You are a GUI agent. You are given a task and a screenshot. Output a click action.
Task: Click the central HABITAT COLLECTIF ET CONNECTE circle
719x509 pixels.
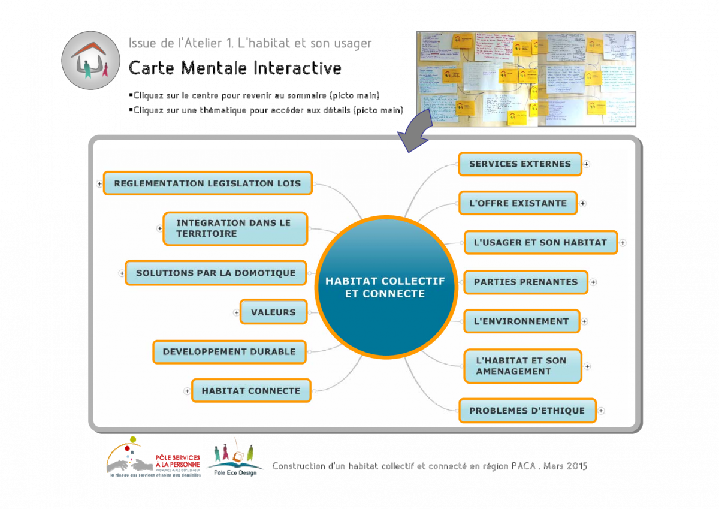point(385,287)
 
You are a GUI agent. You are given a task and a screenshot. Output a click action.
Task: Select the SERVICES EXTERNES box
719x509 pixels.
point(520,164)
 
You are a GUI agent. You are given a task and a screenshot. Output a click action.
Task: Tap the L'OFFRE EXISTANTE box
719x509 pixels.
point(518,203)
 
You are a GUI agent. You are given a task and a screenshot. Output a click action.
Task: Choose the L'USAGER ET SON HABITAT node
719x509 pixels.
point(540,243)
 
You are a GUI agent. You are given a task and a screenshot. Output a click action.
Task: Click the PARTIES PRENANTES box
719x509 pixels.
point(525,282)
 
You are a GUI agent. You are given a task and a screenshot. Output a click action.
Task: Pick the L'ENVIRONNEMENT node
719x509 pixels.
point(521,321)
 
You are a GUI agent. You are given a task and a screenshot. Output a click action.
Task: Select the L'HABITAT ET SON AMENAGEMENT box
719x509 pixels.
point(522,366)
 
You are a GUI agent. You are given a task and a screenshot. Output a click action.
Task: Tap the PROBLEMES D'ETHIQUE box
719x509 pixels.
point(527,411)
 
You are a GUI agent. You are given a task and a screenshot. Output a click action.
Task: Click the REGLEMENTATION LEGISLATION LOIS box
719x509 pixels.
point(207,183)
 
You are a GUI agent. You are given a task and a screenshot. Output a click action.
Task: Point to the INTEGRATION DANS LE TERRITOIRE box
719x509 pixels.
point(235,228)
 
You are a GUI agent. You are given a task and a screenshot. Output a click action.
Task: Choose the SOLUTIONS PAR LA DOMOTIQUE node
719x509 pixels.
point(216,273)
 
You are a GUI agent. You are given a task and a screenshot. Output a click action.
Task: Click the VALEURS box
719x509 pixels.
point(273,312)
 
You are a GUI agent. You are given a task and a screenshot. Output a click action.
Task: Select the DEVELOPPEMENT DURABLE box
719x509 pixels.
point(229,352)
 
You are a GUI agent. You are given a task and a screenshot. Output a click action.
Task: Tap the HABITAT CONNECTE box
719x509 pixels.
point(251,391)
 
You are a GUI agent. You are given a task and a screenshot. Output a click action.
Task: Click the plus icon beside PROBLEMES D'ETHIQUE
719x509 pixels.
point(601,411)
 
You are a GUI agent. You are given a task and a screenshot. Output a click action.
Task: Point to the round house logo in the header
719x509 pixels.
point(90,60)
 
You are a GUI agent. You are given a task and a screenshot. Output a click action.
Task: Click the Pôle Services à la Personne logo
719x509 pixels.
point(153,456)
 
